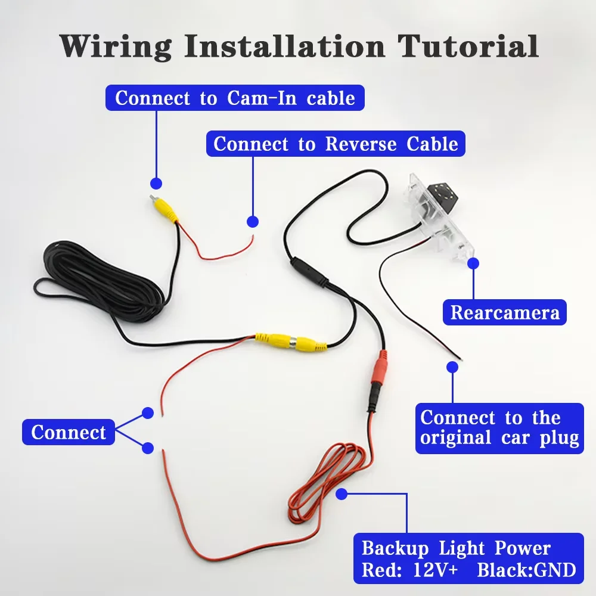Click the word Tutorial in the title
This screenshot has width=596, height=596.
click(x=468, y=46)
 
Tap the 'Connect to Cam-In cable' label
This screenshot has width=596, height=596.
click(x=235, y=98)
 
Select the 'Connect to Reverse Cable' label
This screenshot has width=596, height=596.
click(x=336, y=144)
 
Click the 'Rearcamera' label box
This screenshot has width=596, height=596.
click(x=505, y=312)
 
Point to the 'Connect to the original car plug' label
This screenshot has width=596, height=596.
click(x=499, y=429)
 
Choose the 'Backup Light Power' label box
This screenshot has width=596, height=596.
click(x=468, y=558)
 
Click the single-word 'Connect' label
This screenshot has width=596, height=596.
click(x=69, y=432)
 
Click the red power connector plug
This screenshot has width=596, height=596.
click(x=380, y=371)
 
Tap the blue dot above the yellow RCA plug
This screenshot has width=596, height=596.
click(x=156, y=184)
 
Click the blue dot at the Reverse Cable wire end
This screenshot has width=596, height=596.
click(x=253, y=222)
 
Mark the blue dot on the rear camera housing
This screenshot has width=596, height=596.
click(x=473, y=263)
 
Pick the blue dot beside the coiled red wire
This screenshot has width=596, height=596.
click(x=342, y=494)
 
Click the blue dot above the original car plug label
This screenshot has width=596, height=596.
click(x=452, y=367)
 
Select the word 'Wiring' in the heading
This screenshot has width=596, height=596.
click(x=116, y=46)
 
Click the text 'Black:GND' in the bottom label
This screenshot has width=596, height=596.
click(x=526, y=570)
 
